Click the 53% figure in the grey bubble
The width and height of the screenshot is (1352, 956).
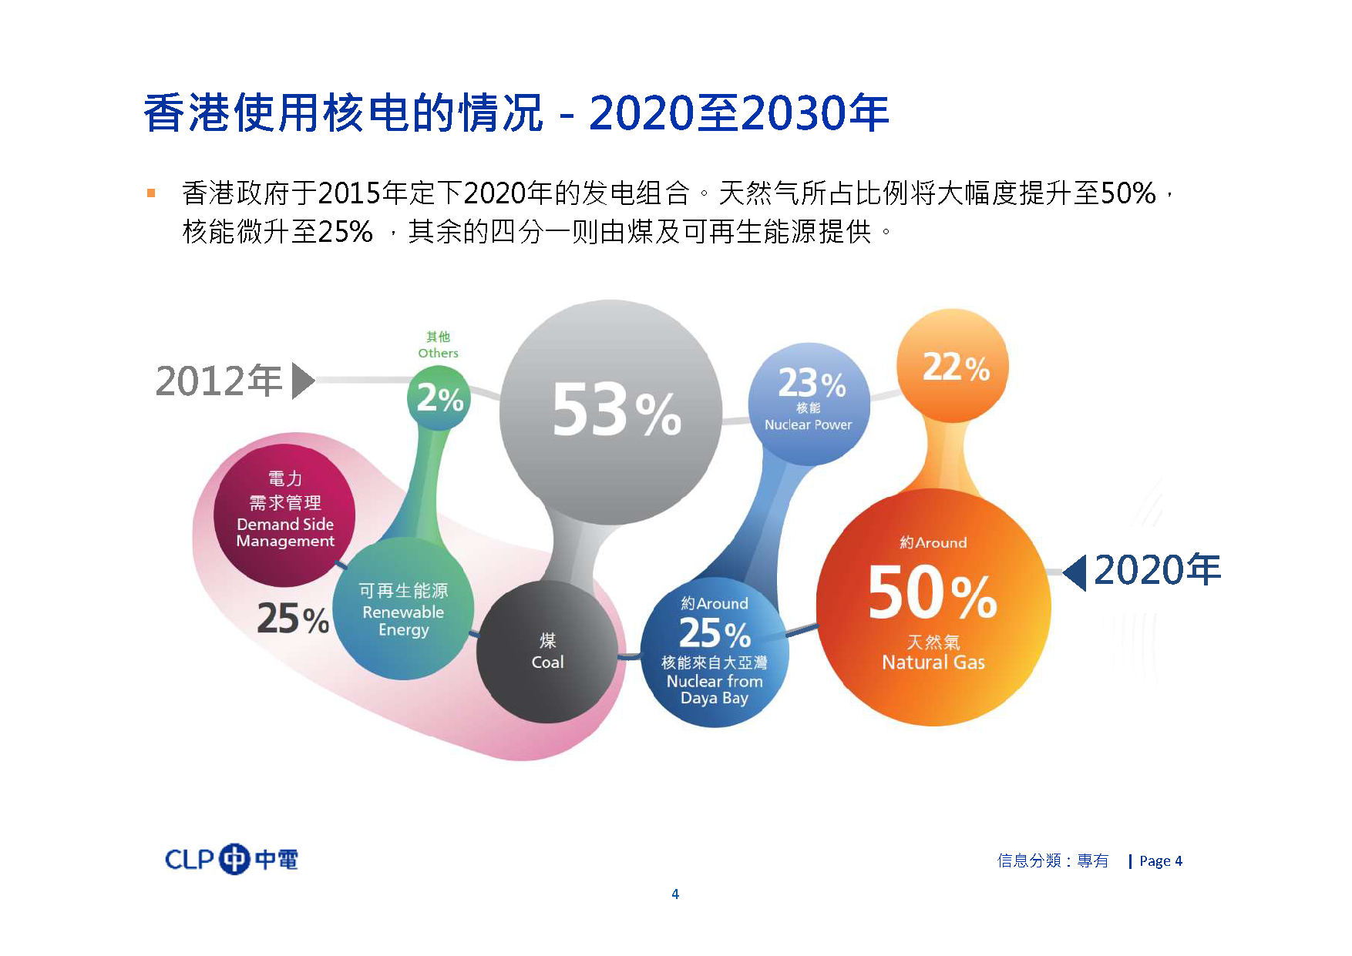[617, 411]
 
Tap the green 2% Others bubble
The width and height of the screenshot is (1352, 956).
[439, 397]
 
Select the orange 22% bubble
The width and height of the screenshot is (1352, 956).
[953, 366]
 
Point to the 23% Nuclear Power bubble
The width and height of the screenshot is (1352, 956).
[809, 404]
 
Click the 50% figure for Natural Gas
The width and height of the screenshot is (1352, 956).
[933, 592]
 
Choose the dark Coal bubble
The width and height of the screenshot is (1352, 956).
[547, 652]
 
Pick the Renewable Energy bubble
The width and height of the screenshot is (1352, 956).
[403, 609]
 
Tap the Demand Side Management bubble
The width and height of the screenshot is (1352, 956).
[284, 515]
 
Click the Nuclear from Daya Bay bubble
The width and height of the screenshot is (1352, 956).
[715, 652]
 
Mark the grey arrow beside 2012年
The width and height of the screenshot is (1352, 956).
[303, 381]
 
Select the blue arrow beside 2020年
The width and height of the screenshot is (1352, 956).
[1075, 572]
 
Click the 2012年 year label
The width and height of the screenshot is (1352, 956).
[219, 381]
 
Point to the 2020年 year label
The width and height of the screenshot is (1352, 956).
[1158, 570]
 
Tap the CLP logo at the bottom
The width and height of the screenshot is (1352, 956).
[232, 859]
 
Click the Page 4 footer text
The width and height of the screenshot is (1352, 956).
[1161, 861]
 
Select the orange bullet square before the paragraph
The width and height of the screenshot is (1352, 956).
[151, 193]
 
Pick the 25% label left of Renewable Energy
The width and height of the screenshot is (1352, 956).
[293, 619]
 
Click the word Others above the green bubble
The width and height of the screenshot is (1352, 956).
[438, 353]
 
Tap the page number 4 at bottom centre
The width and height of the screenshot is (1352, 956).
[675, 894]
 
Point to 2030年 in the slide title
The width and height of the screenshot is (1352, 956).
[816, 113]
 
